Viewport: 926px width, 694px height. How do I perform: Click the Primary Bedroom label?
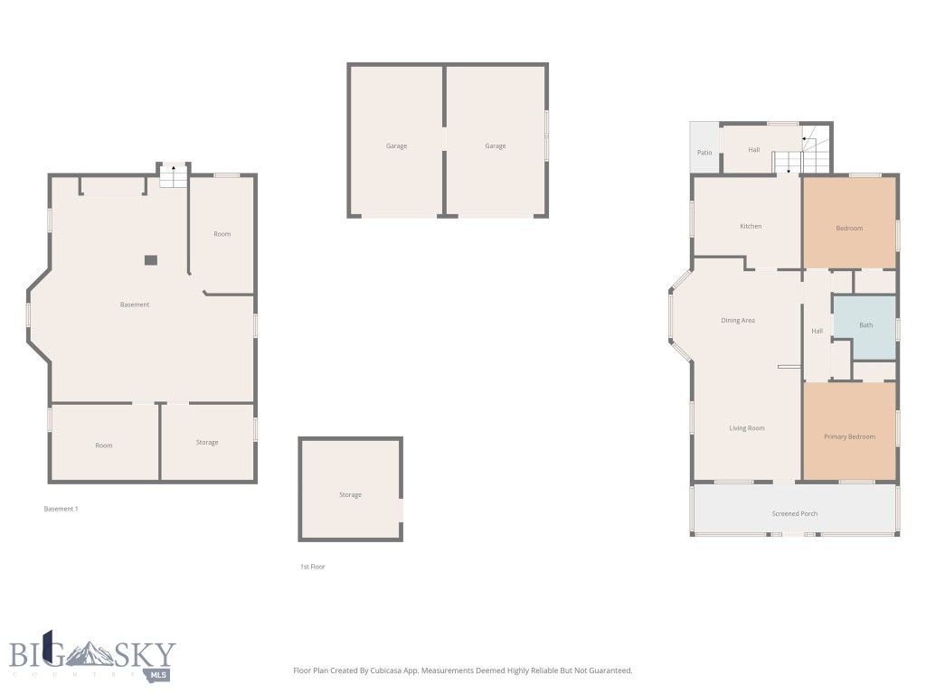click(x=849, y=436)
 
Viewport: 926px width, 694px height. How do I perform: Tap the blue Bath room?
click(x=865, y=325)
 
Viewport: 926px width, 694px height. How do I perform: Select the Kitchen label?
click(x=751, y=226)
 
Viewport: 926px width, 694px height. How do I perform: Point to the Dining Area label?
click(x=738, y=321)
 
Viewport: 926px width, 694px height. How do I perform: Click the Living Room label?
click(x=747, y=428)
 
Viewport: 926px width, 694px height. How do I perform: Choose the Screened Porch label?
click(x=794, y=513)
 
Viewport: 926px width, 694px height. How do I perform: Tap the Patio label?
click(x=704, y=153)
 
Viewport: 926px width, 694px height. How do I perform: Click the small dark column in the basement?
click(x=151, y=260)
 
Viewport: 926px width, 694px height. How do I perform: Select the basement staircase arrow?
click(x=174, y=170)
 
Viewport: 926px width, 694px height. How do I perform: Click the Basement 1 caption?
click(x=61, y=509)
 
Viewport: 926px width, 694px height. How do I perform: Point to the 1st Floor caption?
click(x=312, y=567)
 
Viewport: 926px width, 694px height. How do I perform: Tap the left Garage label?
click(x=396, y=145)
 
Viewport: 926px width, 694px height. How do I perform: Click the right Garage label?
click(x=495, y=145)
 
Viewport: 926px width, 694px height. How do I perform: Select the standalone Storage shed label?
click(x=350, y=494)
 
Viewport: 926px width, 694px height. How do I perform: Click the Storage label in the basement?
click(x=207, y=442)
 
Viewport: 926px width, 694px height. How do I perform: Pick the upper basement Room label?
click(x=222, y=234)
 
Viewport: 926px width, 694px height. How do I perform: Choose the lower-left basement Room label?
click(x=104, y=445)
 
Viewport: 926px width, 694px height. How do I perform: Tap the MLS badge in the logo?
click(x=159, y=675)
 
